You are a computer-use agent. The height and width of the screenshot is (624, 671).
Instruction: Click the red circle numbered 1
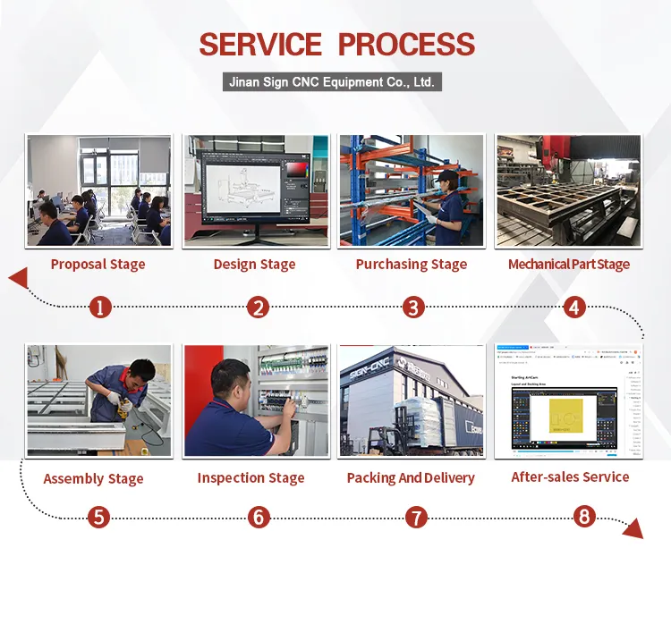[100, 308]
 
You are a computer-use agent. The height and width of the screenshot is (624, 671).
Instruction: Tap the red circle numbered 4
[574, 308]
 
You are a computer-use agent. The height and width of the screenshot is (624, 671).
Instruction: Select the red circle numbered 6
[258, 517]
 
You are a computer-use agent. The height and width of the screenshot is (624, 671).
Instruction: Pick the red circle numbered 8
[584, 516]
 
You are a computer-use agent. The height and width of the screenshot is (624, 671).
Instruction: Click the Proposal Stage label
[98, 264]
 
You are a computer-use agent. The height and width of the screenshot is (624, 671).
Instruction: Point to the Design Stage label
[254, 264]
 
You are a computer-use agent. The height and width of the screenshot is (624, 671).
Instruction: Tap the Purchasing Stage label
[412, 264]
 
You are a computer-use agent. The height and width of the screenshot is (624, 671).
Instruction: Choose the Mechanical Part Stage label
[569, 264]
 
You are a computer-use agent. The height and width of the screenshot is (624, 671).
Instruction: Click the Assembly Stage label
[94, 478]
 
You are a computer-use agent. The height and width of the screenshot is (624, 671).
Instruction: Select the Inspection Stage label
[251, 478]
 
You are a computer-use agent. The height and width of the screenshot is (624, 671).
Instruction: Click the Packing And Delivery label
[411, 478]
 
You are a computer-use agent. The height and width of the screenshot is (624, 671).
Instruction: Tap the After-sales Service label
[570, 476]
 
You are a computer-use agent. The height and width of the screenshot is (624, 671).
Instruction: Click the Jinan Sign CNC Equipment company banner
[332, 82]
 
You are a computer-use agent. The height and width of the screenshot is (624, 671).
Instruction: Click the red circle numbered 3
[412, 308]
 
